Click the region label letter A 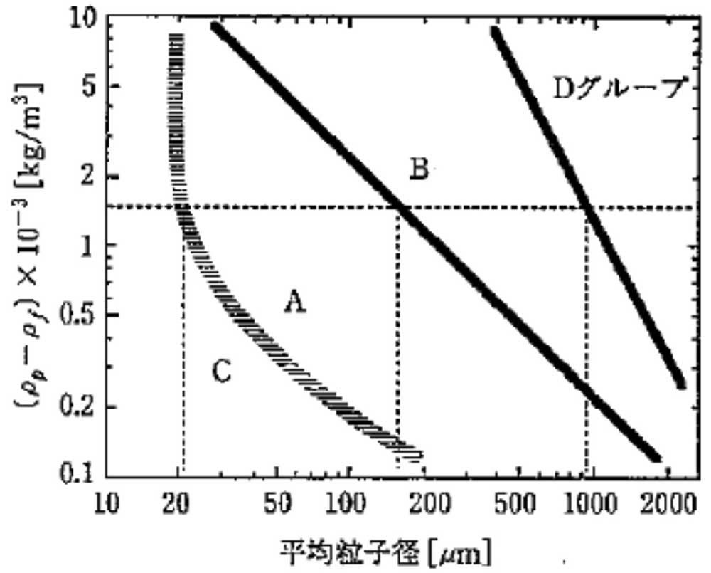click(294, 305)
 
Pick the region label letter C click(222, 370)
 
